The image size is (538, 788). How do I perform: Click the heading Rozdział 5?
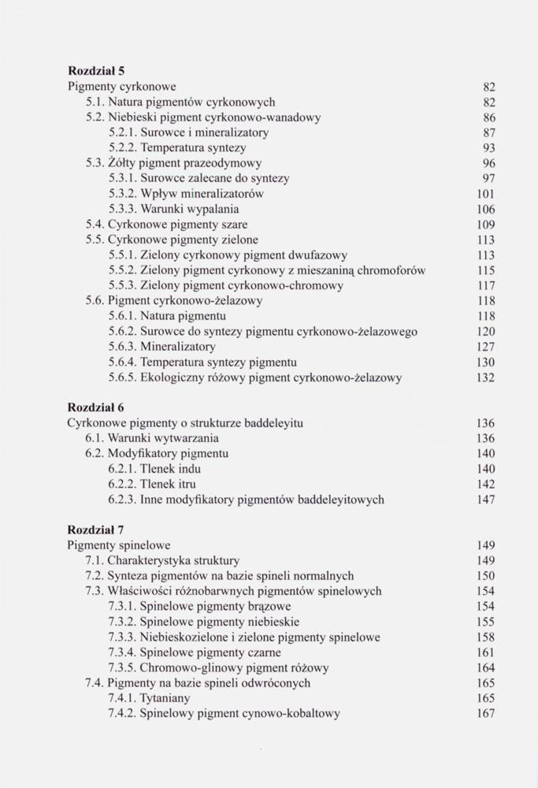click(98, 70)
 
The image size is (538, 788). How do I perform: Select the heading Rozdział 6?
click(98, 407)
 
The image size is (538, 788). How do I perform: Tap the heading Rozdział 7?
click(98, 530)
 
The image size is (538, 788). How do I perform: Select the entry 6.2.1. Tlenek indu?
click(163, 469)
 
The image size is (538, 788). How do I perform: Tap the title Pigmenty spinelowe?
click(119, 545)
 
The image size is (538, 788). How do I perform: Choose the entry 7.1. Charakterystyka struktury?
click(162, 560)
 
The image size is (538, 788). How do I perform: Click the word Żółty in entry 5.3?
click(121, 163)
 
